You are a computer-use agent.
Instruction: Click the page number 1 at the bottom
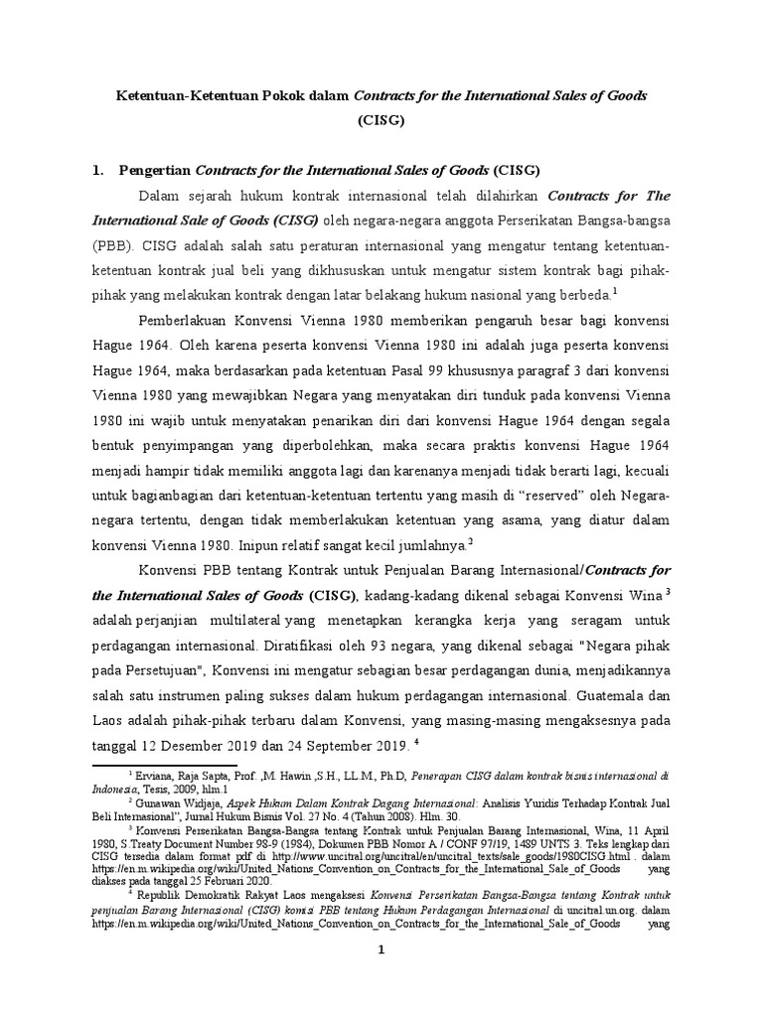point(381,950)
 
